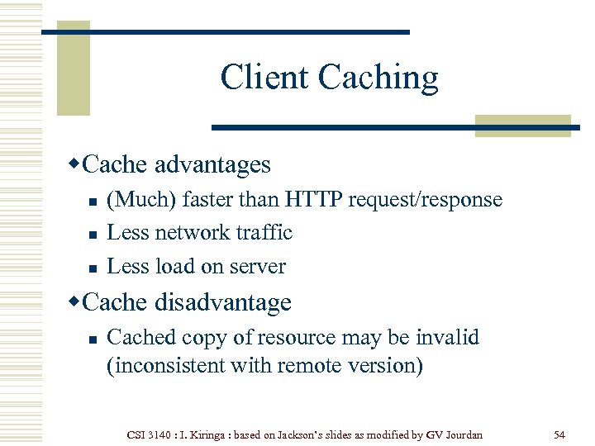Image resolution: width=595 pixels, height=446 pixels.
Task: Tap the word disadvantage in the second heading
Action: tap(222, 302)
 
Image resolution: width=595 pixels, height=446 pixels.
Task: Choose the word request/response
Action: tap(425, 200)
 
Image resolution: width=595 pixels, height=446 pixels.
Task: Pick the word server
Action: tap(259, 267)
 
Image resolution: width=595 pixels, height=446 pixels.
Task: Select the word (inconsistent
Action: tap(168, 366)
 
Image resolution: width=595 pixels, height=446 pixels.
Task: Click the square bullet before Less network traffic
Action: tap(93, 235)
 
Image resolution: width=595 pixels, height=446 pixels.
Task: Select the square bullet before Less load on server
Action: tap(93, 268)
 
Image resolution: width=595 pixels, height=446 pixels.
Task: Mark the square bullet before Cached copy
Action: tap(93, 339)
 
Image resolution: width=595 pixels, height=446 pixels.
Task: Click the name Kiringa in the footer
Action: tap(202, 434)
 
